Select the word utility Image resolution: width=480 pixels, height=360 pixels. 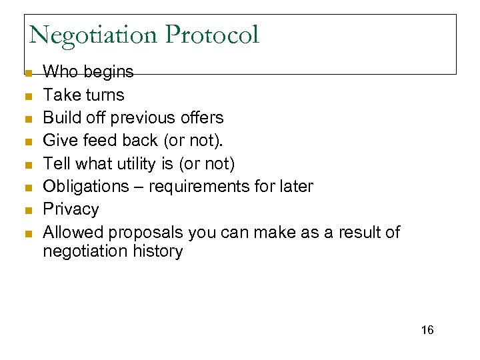point(141,163)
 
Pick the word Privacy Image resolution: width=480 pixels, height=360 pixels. point(71,209)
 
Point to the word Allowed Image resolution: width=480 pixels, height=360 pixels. point(73,232)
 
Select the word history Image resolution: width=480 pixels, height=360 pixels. point(158,251)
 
